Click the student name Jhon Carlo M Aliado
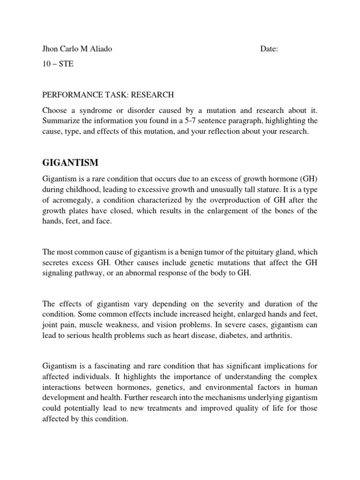77,49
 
